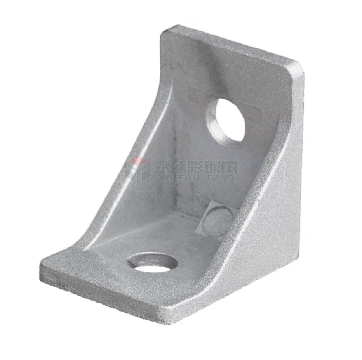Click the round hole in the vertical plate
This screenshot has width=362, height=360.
(x=226, y=122)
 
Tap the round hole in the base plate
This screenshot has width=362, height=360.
(x=153, y=263)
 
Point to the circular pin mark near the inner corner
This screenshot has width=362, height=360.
(x=218, y=221)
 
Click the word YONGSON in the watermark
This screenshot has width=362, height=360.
(x=176, y=178)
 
